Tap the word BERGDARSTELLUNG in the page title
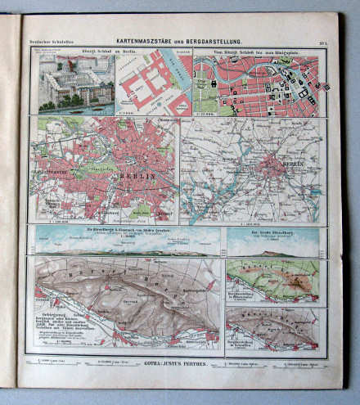tap(218, 39)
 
